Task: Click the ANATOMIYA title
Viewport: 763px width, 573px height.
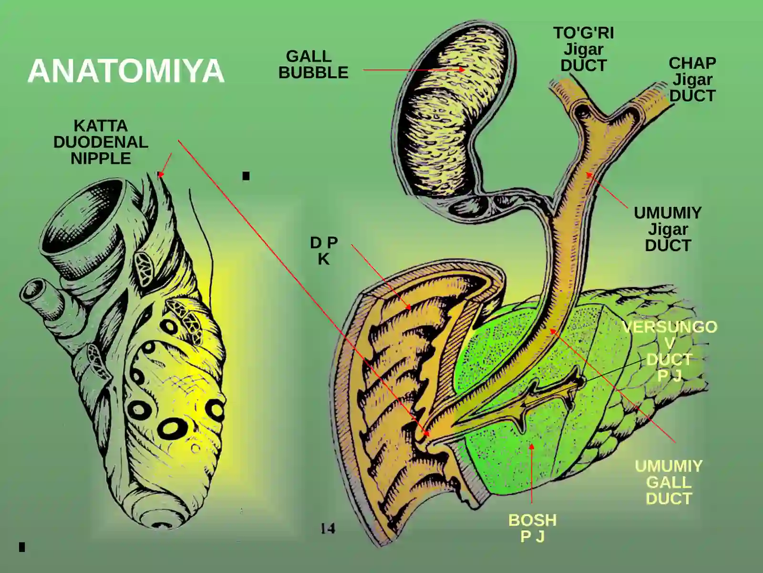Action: coord(126,71)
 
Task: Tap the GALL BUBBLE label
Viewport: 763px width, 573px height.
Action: coord(313,64)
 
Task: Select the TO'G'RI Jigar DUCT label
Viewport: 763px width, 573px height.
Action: coord(584,49)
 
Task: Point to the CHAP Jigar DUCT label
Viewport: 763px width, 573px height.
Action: coord(692,79)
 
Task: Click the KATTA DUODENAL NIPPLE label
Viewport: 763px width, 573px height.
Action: coord(101,142)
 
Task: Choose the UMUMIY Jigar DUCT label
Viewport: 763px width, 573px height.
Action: coord(668,229)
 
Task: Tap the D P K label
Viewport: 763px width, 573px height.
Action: coord(324,251)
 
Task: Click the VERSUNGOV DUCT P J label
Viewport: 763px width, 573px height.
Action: coord(670,351)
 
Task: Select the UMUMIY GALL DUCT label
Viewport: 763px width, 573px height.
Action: coord(669,483)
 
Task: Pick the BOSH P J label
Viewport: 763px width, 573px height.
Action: coord(532,528)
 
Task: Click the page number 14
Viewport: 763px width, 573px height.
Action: coord(328,529)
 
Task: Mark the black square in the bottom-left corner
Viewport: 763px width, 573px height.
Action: coord(22,547)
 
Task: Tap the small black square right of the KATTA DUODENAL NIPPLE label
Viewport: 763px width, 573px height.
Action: coord(246,176)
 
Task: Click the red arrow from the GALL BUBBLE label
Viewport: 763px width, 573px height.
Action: coord(414,70)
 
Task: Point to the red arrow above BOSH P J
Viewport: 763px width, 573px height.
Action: coord(531,473)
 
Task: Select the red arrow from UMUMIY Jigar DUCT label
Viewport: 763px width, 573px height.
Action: coord(607,190)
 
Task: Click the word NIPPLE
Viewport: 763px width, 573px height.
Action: coord(101,159)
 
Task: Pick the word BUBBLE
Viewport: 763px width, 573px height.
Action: coord(313,73)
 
